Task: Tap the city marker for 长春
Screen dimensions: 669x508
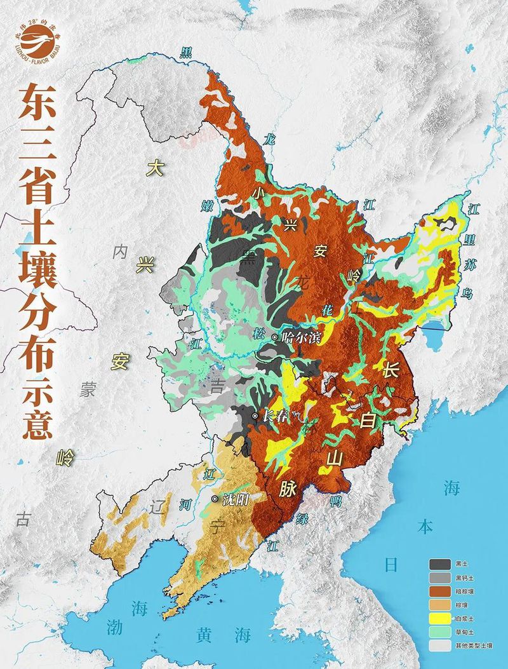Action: tap(255, 416)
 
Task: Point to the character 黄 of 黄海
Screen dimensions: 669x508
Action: tap(204, 633)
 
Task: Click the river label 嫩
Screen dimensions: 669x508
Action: tap(207, 205)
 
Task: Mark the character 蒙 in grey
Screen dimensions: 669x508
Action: tap(87, 389)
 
